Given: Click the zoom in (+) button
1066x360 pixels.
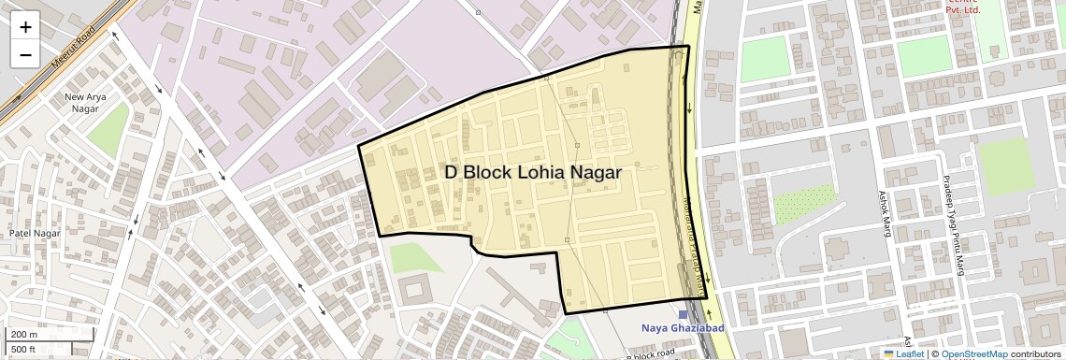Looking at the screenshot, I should tap(25, 26).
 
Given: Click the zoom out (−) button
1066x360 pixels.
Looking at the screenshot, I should tap(25, 54).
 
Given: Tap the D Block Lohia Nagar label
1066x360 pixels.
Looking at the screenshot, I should tap(533, 172).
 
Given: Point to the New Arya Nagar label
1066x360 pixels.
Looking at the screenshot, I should tap(85, 102).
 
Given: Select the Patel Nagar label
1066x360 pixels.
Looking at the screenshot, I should tap(35, 233).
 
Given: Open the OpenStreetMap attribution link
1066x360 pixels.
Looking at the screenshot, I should tap(973, 353).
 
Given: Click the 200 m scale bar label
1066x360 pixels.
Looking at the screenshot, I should tap(24, 334).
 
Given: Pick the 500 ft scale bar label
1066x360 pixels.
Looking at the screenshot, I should tap(24, 349).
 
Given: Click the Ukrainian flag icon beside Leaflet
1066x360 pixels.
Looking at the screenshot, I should tap(888, 353).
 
